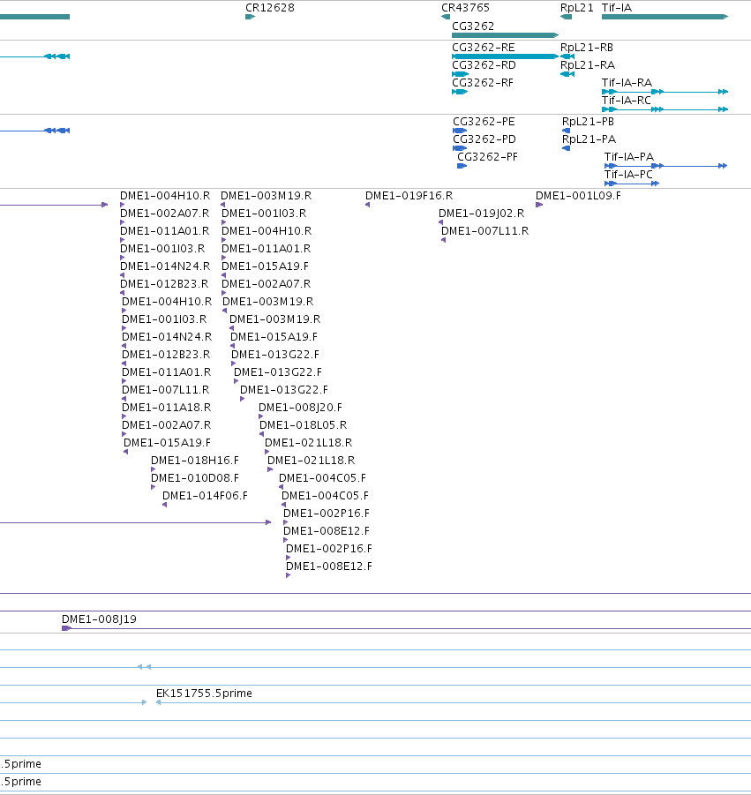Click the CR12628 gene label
pyautogui.click(x=270, y=8)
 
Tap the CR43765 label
pyautogui.click(x=465, y=8)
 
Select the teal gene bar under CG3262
pyautogui.click(x=505, y=35)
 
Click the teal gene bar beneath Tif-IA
pyautogui.click(x=665, y=17)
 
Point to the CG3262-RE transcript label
pyautogui.click(x=484, y=47)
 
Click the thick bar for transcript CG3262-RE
pyautogui.click(x=505, y=56)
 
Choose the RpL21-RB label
pyautogui.click(x=587, y=47)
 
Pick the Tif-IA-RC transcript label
pyautogui.click(x=627, y=101)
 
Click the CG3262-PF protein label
pyautogui.click(x=487, y=157)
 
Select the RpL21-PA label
pyautogui.click(x=590, y=139)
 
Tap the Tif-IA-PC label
pyautogui.click(x=628, y=175)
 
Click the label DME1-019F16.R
pyautogui.click(x=409, y=196)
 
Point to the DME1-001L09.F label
pyautogui.click(x=578, y=196)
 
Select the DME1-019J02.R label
pyautogui.click(x=481, y=214)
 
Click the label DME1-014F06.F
pyautogui.click(x=205, y=496)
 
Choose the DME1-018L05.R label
pyautogui.click(x=304, y=425)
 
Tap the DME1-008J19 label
pyautogui.click(x=99, y=619)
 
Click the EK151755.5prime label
pyautogui.click(x=204, y=694)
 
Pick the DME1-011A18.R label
pyautogui.click(x=166, y=407)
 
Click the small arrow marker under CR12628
pyautogui.click(x=250, y=17)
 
